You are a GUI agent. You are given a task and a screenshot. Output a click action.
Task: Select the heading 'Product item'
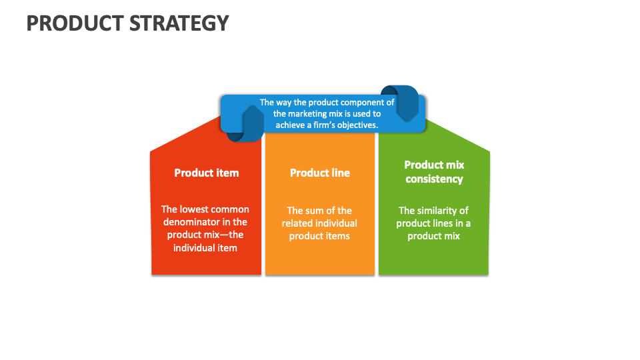206,173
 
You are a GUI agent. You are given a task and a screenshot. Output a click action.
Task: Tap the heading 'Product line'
319,173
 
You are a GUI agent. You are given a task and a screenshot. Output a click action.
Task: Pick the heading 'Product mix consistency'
434,172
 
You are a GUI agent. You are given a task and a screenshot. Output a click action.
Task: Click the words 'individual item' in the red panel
205,248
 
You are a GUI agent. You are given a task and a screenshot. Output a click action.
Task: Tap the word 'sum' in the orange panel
323,211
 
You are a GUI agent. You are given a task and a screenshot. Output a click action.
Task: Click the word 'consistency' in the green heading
434,179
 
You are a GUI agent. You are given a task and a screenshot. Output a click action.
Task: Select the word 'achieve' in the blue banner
291,125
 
